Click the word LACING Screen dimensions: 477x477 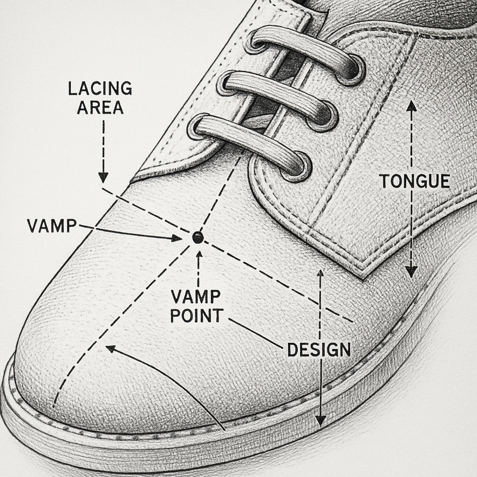[100, 88]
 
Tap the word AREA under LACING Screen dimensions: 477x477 [100, 108]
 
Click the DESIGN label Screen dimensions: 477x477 [319, 350]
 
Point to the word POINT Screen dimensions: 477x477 [197, 316]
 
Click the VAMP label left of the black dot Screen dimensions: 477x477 [52, 225]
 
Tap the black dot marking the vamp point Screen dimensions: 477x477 [198, 237]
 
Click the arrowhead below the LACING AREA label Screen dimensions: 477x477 [103, 177]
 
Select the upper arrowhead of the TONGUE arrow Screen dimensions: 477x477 [412, 106]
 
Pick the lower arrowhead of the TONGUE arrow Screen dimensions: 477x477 [411, 272]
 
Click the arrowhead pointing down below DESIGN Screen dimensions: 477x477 [320, 421]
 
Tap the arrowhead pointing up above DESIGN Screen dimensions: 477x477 [320, 273]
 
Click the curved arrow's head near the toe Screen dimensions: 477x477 [110, 348]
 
